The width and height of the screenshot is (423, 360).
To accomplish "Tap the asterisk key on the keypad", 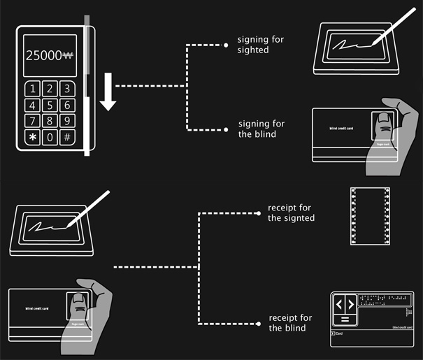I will coord(32,137).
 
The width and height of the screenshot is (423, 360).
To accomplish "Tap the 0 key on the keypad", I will coord(50,137).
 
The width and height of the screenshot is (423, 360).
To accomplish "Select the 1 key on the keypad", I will coord(32,89).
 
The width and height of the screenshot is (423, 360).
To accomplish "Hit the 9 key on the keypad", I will coord(66,121).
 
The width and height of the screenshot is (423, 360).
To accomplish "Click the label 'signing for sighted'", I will coord(261,44).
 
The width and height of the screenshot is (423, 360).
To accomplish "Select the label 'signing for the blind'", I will coord(261,129).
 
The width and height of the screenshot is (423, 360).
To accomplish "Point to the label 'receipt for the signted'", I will coord(291,213).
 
